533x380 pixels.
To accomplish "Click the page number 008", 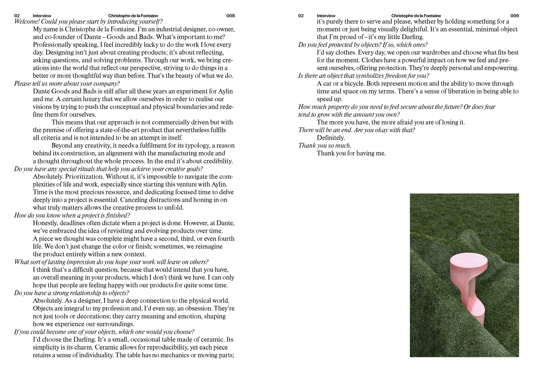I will tap(230, 16).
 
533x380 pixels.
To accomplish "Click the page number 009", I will tap(514, 16).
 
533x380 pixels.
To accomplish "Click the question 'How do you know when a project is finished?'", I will tap(72, 215).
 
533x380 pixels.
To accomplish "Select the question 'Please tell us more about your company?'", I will tap(67, 83).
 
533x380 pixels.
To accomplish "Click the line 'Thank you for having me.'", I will tap(351, 153).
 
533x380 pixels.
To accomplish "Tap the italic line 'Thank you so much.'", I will tap(325, 146).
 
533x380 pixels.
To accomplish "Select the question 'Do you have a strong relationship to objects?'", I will tap(71, 293).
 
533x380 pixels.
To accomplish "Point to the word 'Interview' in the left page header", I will tap(42, 16).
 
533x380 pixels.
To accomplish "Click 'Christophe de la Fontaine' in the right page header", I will tap(416, 16).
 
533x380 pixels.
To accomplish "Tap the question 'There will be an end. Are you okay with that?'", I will tap(356, 130).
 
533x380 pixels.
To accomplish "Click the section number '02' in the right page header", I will tap(301, 16).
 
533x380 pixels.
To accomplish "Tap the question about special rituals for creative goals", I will tap(109, 169).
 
